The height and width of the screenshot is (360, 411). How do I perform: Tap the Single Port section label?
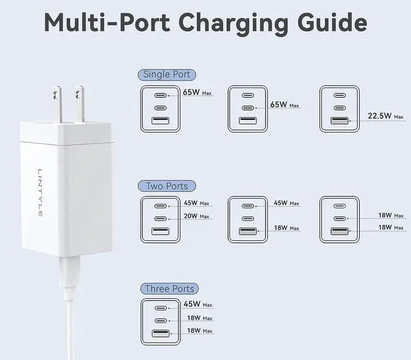coord(167,75)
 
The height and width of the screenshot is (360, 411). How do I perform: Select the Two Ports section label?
coord(167,186)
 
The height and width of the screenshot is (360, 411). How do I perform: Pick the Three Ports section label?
coord(170,289)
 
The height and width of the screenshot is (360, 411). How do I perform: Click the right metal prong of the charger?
coord(80,103)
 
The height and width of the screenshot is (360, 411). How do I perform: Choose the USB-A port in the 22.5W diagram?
coord(340,120)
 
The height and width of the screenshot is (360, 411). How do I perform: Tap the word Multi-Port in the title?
coord(105,24)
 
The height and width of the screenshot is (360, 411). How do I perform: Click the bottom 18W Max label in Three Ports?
coord(198,331)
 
